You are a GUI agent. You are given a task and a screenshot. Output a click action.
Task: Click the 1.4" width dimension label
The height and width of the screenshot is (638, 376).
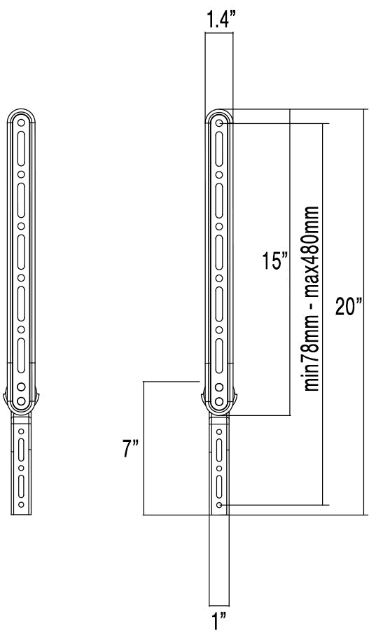click(219, 21)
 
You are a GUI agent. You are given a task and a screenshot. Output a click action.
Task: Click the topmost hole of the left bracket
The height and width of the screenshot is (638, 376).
click(21, 123)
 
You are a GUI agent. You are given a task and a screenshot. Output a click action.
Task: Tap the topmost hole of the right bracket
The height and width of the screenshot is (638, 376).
click(220, 123)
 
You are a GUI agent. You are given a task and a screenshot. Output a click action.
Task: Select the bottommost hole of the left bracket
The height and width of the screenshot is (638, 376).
click(21, 504)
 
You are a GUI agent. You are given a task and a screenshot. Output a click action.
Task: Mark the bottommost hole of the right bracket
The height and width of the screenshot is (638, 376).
click(220, 504)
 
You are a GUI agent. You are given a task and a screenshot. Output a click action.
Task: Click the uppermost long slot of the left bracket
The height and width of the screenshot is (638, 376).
click(21, 148)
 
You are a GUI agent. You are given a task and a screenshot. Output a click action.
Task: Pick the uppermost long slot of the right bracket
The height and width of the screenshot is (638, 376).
click(220, 148)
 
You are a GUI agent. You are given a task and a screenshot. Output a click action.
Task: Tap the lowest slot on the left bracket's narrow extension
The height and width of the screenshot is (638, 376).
click(21, 484)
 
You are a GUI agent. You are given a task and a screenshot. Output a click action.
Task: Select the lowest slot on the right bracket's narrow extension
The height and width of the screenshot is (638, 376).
click(220, 484)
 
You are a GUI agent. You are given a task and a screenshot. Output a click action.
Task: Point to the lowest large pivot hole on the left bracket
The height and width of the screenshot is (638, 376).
click(21, 403)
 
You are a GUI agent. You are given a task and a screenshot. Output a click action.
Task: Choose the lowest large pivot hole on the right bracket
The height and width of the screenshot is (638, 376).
click(220, 403)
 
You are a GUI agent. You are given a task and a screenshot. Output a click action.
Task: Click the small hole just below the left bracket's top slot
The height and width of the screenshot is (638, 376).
click(21, 174)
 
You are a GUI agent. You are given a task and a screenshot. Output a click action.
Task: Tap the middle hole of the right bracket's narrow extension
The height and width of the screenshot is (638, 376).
click(220, 466)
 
